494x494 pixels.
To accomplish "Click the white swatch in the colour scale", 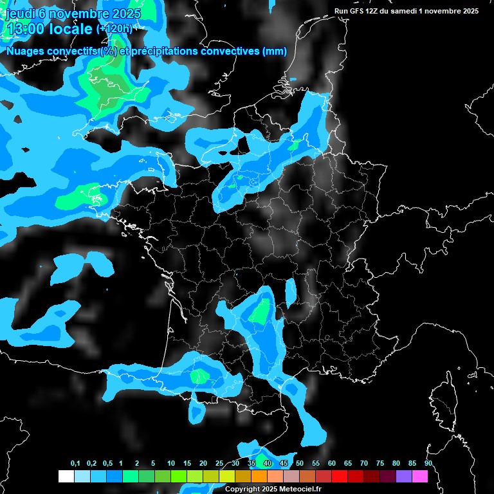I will click(x=66, y=476).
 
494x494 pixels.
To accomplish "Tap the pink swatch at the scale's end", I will click(x=420, y=476).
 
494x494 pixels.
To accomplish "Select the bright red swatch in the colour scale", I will click(x=340, y=476).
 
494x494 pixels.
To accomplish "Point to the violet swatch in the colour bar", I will click(x=404, y=476).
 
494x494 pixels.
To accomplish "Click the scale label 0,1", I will click(x=75, y=464).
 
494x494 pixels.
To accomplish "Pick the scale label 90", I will click(x=428, y=464).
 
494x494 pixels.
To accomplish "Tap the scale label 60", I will click(x=331, y=464).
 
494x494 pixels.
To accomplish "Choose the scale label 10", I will click(x=170, y=464).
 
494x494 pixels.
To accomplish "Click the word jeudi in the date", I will click(x=20, y=14).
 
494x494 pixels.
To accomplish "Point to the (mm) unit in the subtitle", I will click(x=275, y=51).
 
